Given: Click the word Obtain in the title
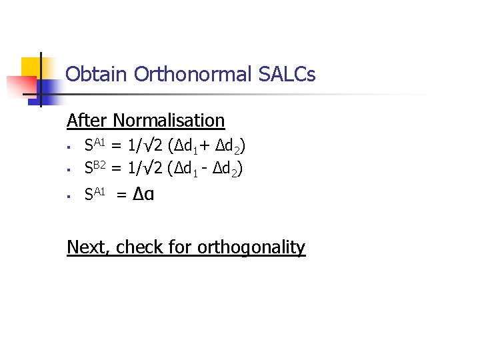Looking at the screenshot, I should pos(97,74).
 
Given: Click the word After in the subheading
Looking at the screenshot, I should pos(87,121).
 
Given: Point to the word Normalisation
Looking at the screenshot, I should pos(169,121).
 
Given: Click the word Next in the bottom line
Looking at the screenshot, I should pos(88,247).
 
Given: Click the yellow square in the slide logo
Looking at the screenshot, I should pos(31,67).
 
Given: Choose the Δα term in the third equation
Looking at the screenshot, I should pos(144,195).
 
